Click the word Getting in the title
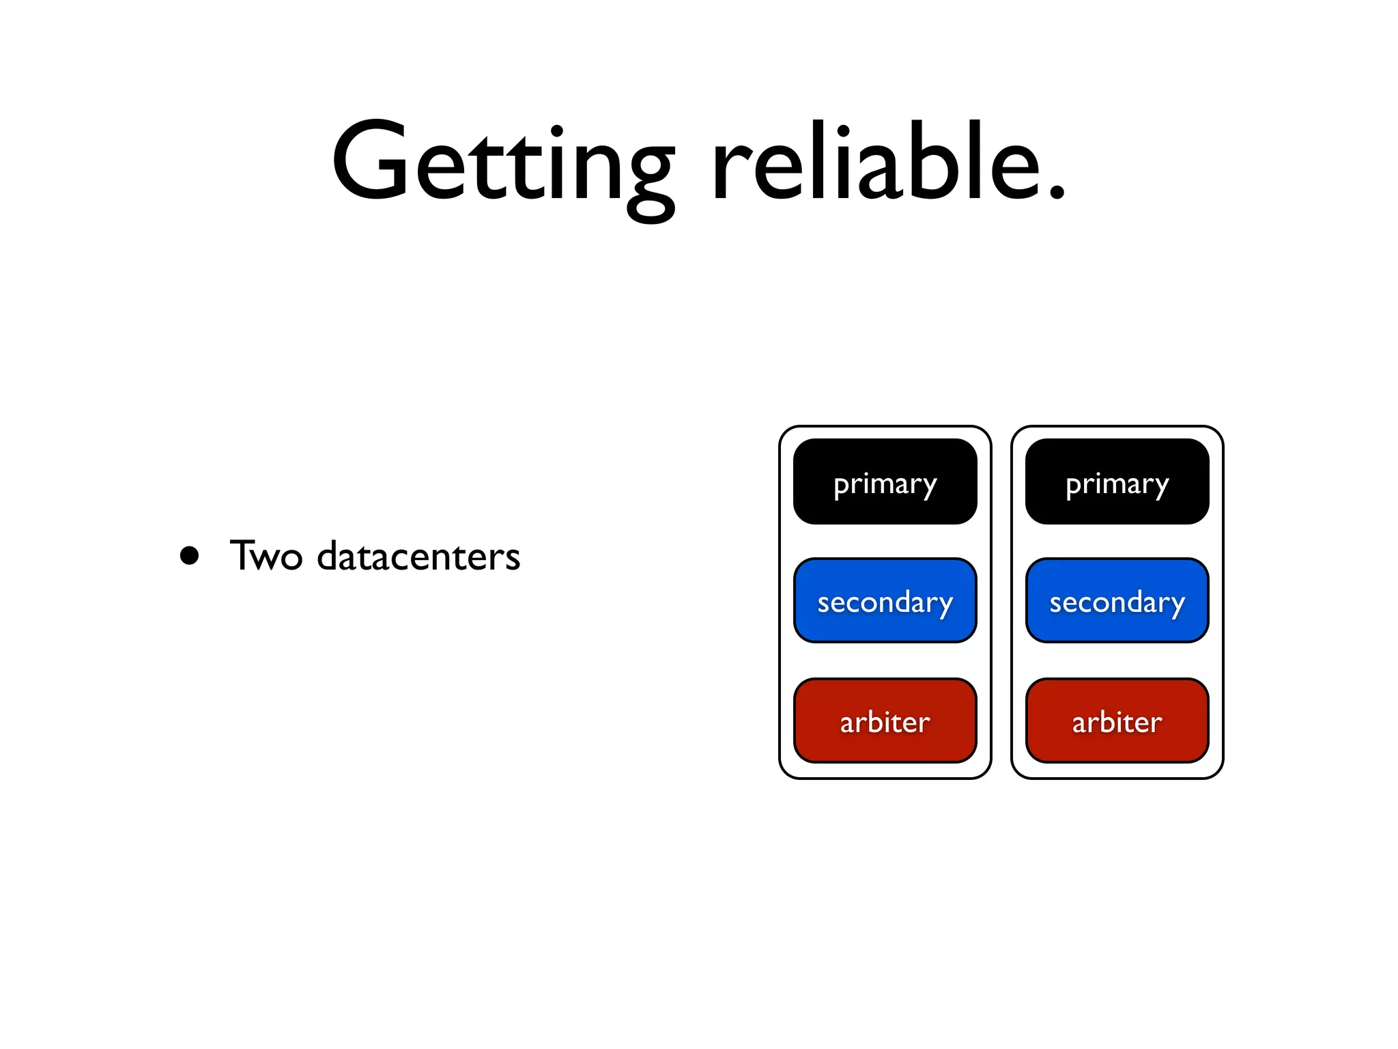504,164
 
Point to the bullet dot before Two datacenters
189,555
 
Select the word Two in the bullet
266,555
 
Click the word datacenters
418,555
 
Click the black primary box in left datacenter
885,482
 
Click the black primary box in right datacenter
1117,482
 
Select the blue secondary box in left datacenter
885,601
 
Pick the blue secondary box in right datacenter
1117,601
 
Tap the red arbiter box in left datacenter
885,721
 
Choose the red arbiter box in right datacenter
1117,721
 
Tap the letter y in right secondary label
1175,607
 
